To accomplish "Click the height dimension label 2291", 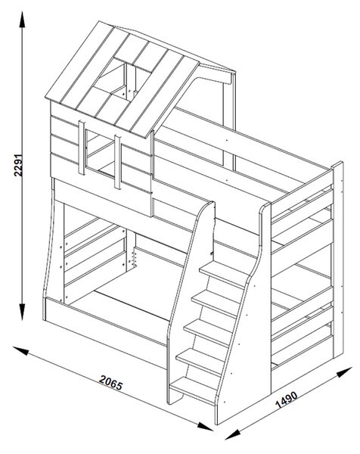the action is (x=18, y=164).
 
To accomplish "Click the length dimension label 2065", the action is (x=111, y=382).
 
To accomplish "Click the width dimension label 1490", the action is (x=286, y=400).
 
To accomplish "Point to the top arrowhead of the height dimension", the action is (x=22, y=20).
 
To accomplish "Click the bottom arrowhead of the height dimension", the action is (x=22, y=312).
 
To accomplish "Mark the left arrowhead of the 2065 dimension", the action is (x=21, y=350).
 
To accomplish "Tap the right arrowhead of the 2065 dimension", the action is (x=205, y=426).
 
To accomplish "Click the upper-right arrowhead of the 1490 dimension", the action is (x=344, y=372).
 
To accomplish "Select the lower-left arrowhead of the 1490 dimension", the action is (x=232, y=434).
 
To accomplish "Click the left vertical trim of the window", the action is (x=82, y=148).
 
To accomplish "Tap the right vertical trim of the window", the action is (x=117, y=162).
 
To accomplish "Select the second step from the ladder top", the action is (x=216, y=303).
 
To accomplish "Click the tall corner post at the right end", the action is (x=338, y=260).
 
